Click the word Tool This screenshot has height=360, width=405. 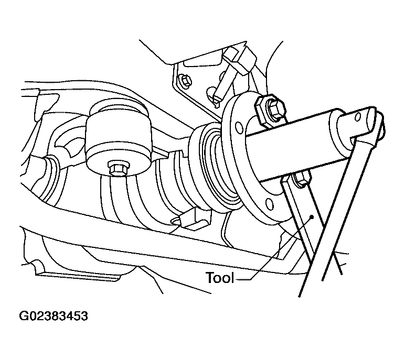coord(220,278)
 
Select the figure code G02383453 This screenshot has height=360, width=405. coord(54,316)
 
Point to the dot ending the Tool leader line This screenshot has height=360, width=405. coord(312,217)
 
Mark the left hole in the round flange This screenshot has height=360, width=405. coord(239,127)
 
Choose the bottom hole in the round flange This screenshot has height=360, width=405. coord(269,197)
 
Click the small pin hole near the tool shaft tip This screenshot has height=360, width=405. coord(358,117)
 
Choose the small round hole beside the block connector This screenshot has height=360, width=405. coord(175,222)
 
